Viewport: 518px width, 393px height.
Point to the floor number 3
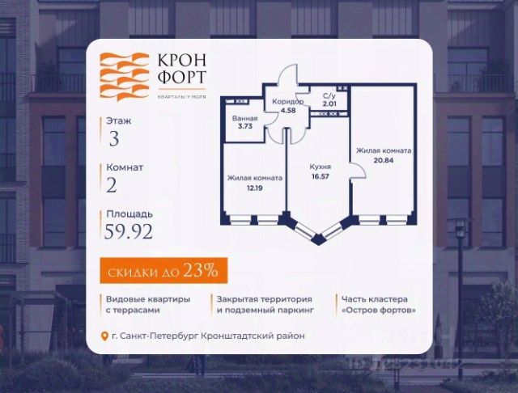(114, 137)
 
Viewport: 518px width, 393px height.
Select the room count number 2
(113, 186)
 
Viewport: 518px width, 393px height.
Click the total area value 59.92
(129, 234)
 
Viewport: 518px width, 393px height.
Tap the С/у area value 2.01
(329, 104)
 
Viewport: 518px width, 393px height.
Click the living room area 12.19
(254, 188)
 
